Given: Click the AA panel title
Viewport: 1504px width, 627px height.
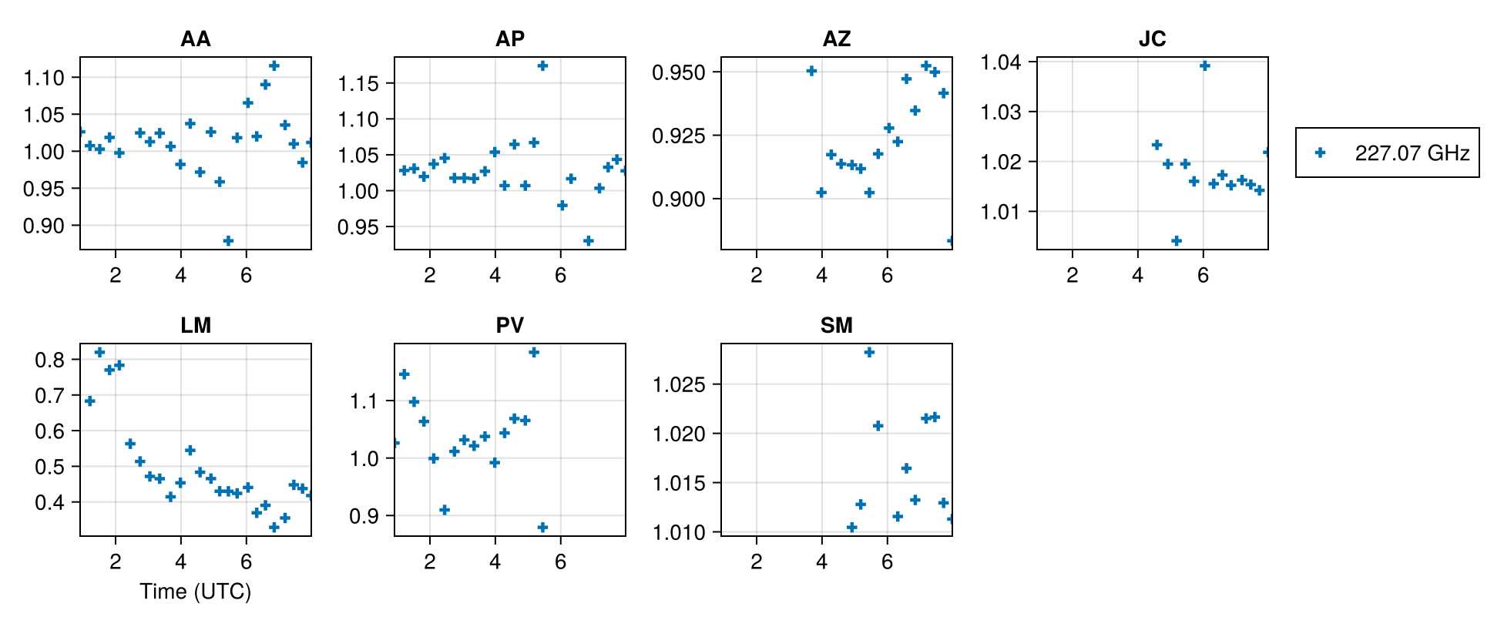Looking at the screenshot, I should [195, 39].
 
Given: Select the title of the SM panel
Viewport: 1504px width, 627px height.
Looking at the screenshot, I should [836, 325].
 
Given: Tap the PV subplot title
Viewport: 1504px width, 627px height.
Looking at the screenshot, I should [509, 325].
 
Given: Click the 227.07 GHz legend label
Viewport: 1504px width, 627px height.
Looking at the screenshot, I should [1412, 153].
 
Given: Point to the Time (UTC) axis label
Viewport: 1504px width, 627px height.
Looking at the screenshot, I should [195, 592].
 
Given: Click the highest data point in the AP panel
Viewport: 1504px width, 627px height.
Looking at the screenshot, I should [542, 65].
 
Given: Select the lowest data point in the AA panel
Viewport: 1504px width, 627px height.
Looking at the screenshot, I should [228, 241].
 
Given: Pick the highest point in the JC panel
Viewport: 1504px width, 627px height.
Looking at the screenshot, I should [1204, 65].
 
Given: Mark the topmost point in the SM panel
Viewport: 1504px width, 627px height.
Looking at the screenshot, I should [869, 352].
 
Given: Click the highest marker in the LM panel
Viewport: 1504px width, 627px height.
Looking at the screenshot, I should [99, 352].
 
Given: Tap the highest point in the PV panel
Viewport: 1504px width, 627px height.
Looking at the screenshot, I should [533, 352].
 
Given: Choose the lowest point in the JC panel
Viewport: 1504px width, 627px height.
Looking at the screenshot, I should [1177, 241].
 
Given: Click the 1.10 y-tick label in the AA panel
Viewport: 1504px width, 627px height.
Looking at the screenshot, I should [44, 77].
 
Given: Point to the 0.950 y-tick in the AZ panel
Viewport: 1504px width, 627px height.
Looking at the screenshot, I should [678, 72].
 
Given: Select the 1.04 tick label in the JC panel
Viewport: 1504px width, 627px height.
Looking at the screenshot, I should [1001, 62].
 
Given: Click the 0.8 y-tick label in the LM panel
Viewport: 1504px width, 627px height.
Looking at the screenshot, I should [50, 360].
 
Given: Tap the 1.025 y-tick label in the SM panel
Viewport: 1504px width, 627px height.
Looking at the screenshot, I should [678, 384].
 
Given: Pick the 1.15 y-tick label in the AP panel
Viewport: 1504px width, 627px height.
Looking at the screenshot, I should [358, 83].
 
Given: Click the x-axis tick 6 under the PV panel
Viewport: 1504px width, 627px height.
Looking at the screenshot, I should [560, 562].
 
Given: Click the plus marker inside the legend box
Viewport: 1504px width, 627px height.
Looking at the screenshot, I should [1320, 153].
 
